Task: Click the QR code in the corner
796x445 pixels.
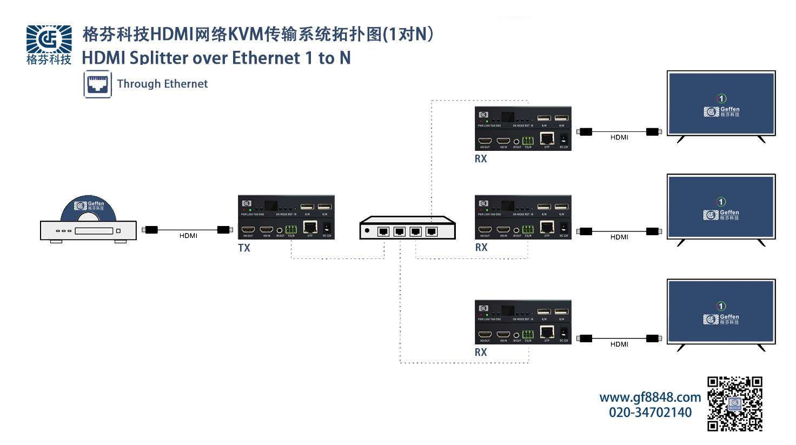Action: point(735,404)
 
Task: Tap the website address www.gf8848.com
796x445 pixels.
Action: point(650,397)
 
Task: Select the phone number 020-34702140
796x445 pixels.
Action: point(650,413)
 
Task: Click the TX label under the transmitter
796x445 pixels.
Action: point(244,248)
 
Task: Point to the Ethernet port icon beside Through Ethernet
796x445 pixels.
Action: point(98,84)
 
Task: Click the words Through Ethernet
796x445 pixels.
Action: point(162,84)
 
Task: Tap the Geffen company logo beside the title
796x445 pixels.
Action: point(49,44)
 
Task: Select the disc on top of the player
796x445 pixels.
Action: point(88,208)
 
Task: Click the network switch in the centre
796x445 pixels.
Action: point(408,228)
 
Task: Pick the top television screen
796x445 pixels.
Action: point(721,103)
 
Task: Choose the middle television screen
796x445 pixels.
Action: point(721,207)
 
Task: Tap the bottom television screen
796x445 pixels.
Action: point(721,311)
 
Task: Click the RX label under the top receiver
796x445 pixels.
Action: point(481,159)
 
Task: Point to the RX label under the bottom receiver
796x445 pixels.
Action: point(481,353)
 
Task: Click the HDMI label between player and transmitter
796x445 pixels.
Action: point(188,236)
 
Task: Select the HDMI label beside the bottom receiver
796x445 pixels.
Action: point(619,344)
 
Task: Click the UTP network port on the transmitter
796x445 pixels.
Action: point(310,227)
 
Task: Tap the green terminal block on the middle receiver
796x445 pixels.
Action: point(528,229)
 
